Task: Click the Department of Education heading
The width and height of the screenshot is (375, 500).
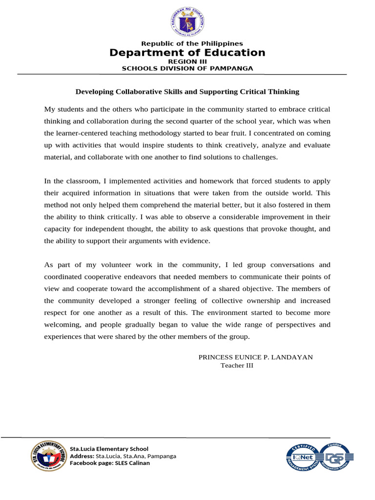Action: point(187,53)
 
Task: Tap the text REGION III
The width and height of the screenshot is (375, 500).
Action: point(187,62)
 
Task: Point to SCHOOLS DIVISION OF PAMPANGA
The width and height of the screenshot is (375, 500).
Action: point(187,68)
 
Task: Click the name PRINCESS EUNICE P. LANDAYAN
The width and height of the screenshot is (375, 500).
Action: point(255,357)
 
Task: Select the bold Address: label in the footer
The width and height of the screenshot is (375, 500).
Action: point(82,456)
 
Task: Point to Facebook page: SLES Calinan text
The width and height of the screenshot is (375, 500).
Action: point(110,463)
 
